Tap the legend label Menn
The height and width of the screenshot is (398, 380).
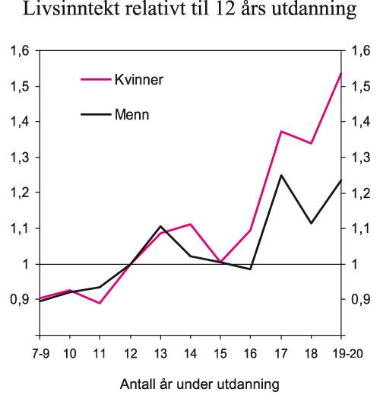(x=131, y=115)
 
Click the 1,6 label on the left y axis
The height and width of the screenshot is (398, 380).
(x=17, y=51)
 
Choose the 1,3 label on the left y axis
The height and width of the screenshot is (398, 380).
(x=17, y=158)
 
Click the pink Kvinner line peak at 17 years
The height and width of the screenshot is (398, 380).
(x=281, y=132)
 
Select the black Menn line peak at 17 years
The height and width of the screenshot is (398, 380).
(x=281, y=175)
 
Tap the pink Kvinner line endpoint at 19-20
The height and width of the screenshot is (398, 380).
(x=341, y=73)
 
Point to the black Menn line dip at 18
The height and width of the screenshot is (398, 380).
(x=311, y=223)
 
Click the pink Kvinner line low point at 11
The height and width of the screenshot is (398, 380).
(x=100, y=304)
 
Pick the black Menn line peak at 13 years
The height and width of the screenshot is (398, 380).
(x=160, y=226)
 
